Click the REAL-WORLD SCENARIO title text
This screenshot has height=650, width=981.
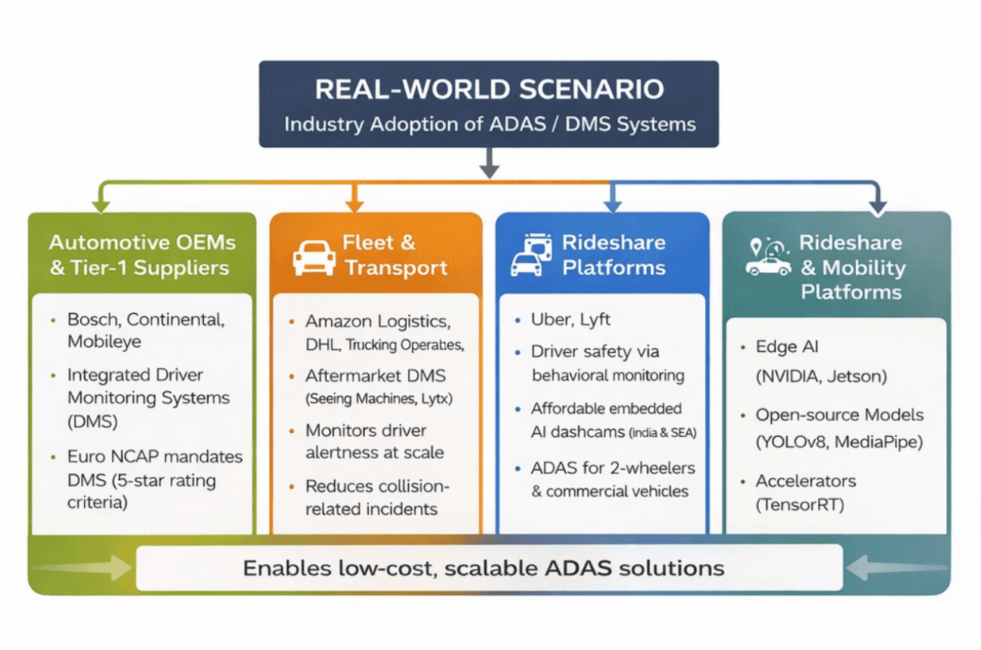[x=489, y=89]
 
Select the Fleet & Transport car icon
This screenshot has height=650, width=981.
[x=314, y=257]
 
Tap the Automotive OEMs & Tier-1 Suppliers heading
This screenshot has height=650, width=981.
[x=142, y=255]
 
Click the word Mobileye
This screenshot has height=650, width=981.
[x=105, y=341]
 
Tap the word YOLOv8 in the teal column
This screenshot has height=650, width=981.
[x=792, y=442]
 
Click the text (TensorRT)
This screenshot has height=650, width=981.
[x=799, y=504]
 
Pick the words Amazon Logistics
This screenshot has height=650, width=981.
[x=378, y=322]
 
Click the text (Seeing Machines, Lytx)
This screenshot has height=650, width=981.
[x=373, y=398]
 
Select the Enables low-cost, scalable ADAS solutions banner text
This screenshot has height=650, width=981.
[x=483, y=568]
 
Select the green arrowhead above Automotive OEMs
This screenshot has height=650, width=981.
[x=99, y=205]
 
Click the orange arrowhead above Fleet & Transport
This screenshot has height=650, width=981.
[x=355, y=205]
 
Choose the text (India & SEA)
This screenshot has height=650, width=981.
[x=661, y=432]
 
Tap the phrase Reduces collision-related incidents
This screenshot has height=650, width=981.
[x=377, y=498]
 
